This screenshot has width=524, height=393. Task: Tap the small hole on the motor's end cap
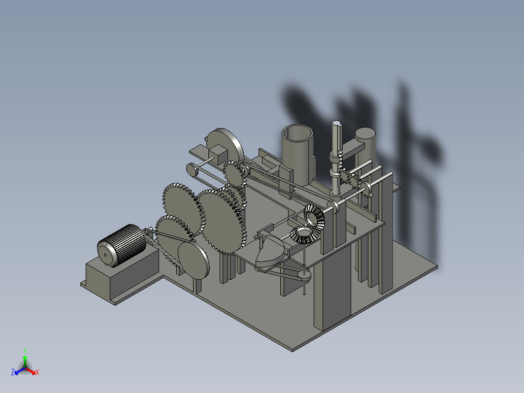pos(105,256)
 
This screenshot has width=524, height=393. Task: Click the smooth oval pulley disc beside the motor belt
pos(194,260)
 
